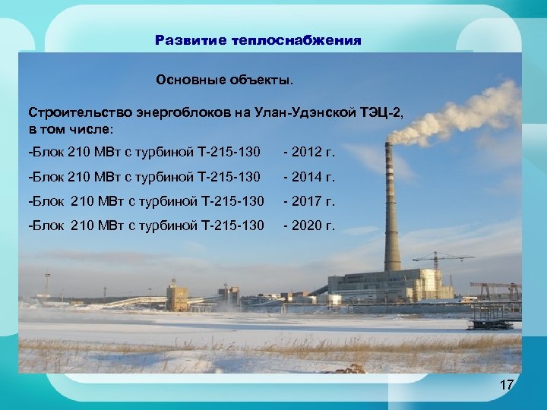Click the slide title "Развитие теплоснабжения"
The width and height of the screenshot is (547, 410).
coord(258,40)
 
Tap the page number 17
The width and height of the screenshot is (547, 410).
coord(506,385)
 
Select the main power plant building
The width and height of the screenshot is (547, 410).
coord(380,285)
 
